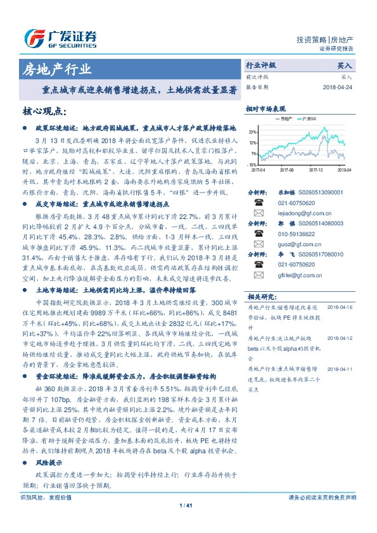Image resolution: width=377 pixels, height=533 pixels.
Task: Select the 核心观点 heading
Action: [x=44, y=111]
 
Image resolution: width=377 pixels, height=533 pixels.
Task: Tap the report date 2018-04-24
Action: [x=338, y=87]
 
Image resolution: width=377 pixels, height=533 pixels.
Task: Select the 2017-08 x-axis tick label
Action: [x=286, y=170]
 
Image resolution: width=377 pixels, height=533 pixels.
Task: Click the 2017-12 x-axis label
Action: [x=315, y=170]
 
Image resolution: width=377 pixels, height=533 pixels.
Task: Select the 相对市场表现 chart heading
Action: [x=265, y=108]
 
